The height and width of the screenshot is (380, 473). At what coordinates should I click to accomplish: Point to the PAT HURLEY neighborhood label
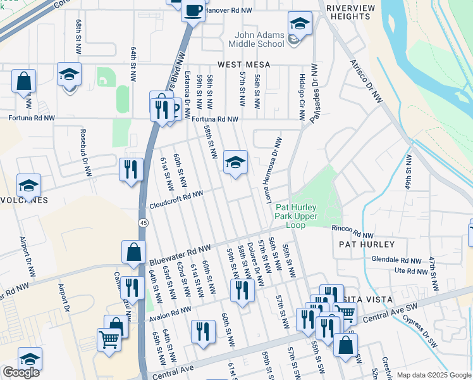click(x=367, y=244)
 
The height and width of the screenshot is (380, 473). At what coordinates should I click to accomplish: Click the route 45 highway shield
click(x=144, y=222)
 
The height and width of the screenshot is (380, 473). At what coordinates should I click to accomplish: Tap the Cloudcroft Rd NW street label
click(x=176, y=200)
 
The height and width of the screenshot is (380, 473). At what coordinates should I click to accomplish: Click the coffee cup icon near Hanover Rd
click(x=193, y=10)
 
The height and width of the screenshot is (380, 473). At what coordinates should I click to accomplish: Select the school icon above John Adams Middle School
click(x=300, y=24)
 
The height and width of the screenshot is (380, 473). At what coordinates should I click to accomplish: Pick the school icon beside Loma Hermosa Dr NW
click(x=235, y=163)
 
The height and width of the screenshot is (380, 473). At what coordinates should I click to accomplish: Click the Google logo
click(x=21, y=372)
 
